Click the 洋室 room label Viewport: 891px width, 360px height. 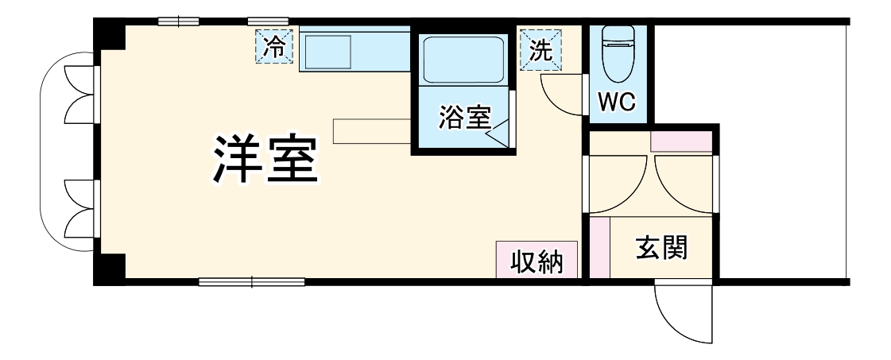click(265, 161)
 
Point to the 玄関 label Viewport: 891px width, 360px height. click(661, 249)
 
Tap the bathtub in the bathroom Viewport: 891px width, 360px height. click(463, 58)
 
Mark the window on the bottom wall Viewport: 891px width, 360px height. click(251, 281)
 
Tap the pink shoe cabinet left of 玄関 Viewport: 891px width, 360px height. click(599, 246)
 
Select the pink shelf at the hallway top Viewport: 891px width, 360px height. click(681, 141)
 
